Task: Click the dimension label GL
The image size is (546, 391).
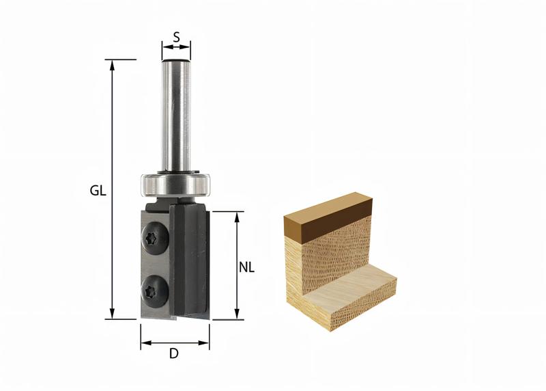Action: (x=98, y=191)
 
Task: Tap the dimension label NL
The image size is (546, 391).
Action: (x=246, y=268)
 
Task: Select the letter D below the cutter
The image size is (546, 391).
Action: (x=174, y=355)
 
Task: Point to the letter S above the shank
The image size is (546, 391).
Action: (x=176, y=38)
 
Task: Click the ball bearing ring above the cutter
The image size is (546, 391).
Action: (x=175, y=183)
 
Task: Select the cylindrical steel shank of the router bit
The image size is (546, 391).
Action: (x=175, y=116)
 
